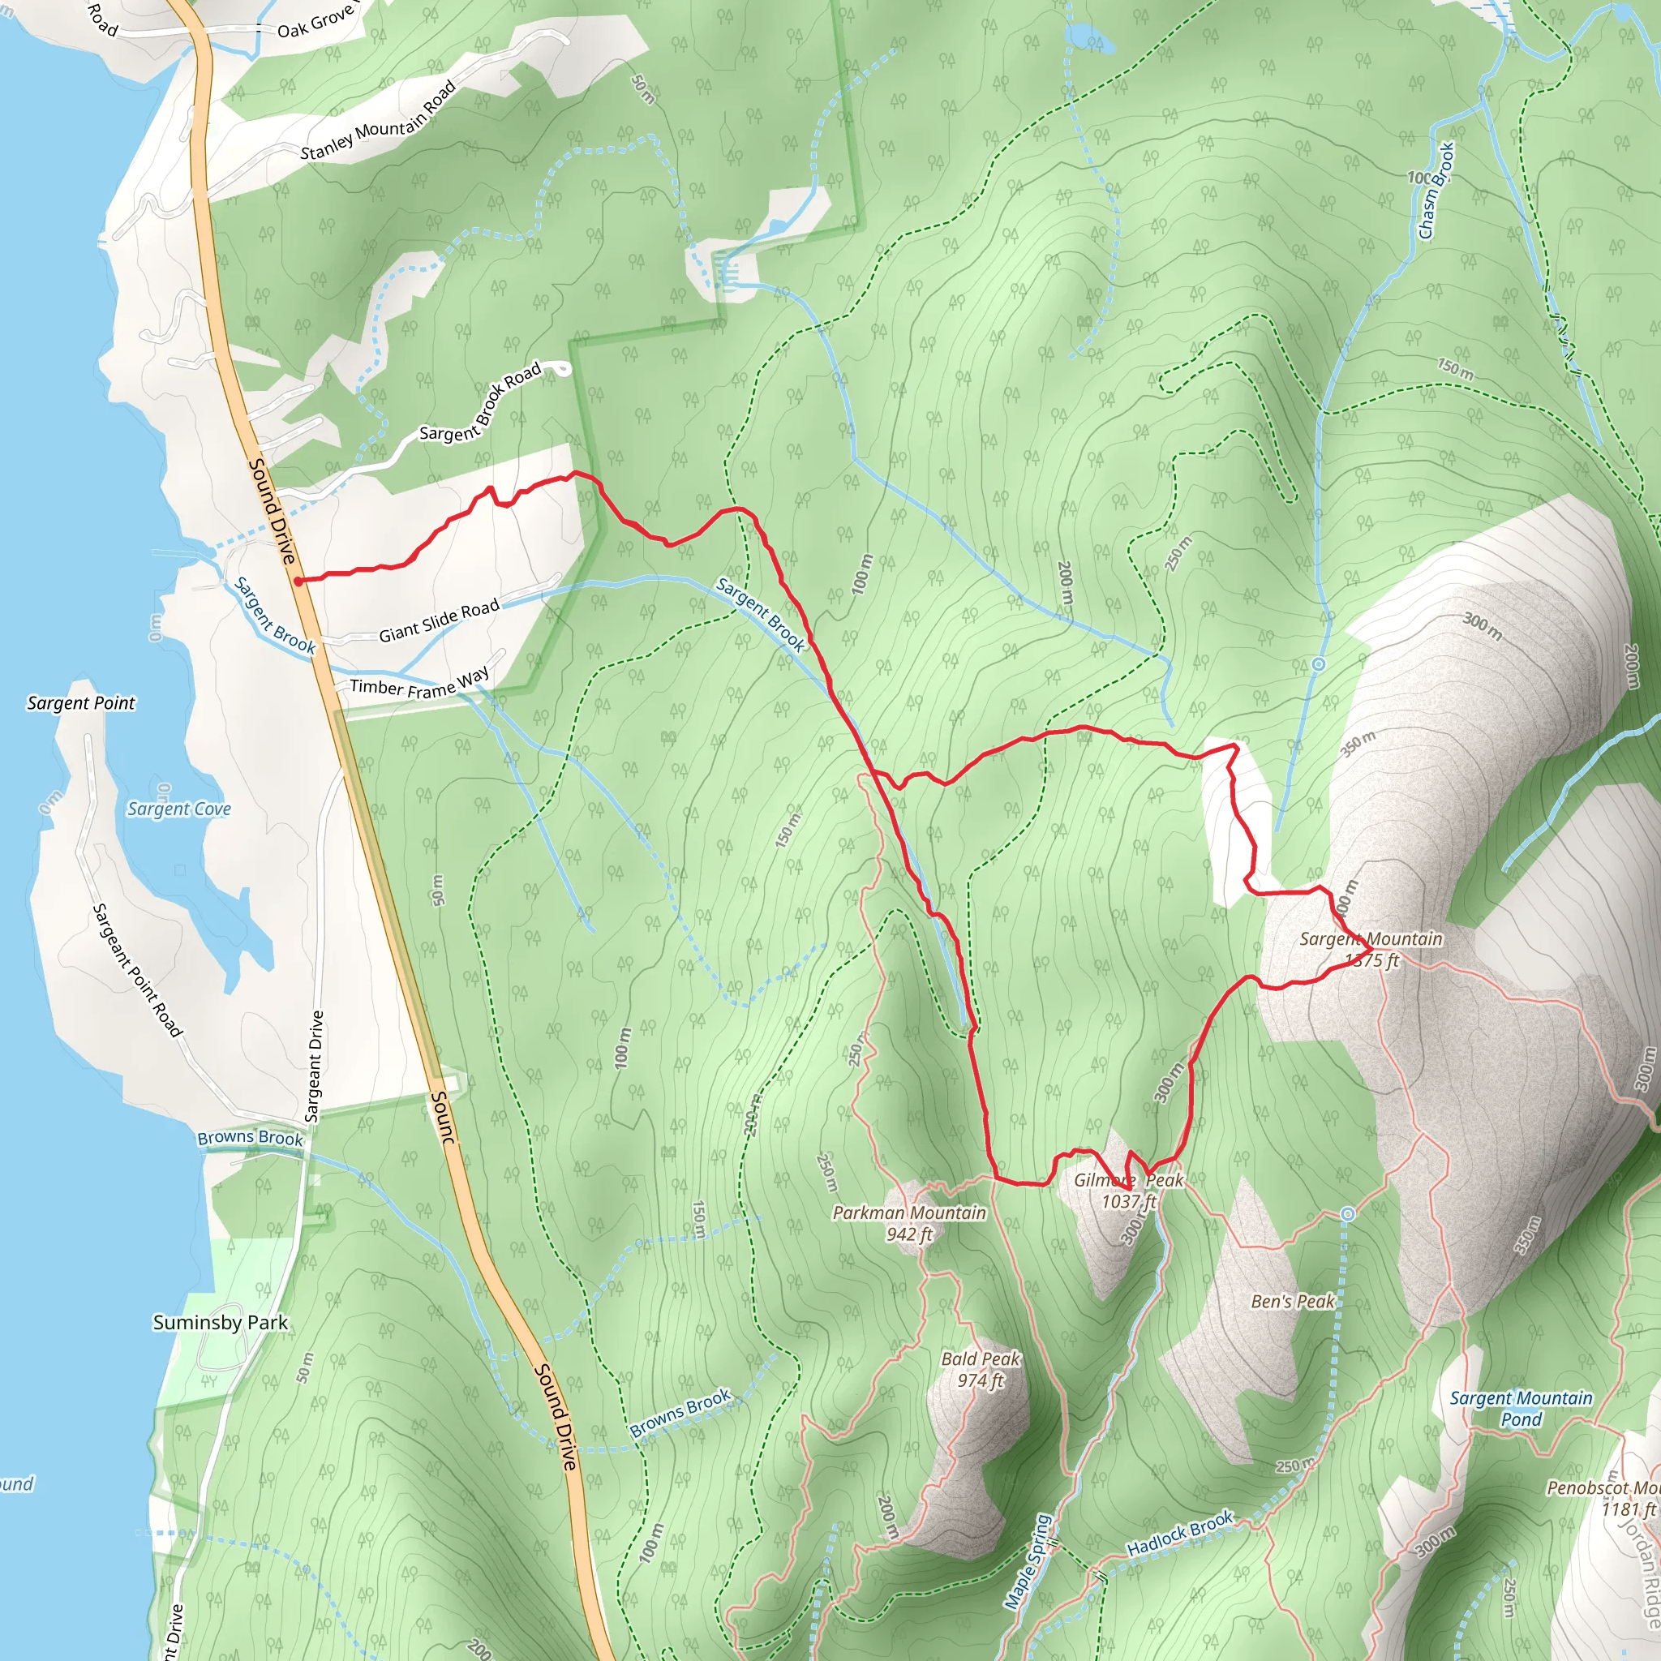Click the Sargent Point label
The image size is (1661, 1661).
[x=81, y=703]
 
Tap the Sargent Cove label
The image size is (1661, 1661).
[x=178, y=809]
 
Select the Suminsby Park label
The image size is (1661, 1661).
[x=220, y=1322]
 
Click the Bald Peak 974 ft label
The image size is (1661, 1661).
[x=980, y=1369]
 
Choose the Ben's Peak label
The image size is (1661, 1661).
[x=1292, y=1302]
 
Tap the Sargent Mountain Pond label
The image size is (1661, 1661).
[x=1521, y=1408]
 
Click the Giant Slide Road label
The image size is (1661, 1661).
[x=439, y=621]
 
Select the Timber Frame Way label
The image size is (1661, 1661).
[x=419, y=684]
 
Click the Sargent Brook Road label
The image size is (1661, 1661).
[x=481, y=401]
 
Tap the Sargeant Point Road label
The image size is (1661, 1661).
[x=138, y=970]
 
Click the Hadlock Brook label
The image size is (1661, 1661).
[x=1179, y=1533]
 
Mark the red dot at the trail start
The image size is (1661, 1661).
[x=298, y=582]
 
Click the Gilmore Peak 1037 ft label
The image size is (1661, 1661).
[x=1129, y=1191]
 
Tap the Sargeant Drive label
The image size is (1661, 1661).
[x=315, y=1066]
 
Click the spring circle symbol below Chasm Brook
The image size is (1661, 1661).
[x=1318, y=664]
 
